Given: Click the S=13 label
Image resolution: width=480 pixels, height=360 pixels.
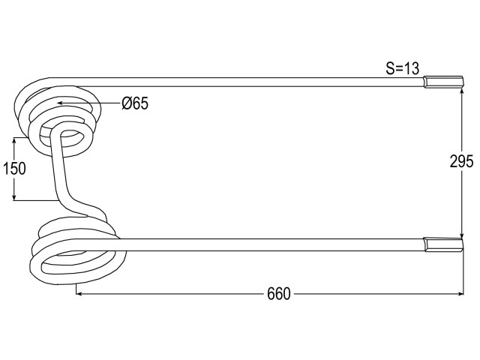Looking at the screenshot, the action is click(x=402, y=68).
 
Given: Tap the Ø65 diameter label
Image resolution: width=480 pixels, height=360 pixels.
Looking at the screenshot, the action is click(x=135, y=103).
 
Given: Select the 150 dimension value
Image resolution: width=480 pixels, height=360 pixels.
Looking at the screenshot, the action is click(x=14, y=169).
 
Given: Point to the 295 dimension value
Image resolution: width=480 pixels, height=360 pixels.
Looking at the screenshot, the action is click(x=461, y=161).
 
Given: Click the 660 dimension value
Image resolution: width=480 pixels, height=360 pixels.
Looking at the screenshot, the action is click(x=278, y=294).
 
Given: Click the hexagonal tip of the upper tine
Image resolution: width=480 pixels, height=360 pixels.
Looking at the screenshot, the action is click(x=443, y=82).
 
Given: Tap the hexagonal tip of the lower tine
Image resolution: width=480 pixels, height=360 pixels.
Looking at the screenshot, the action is click(x=443, y=244).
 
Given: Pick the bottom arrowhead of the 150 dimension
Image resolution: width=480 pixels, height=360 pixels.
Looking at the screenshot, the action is click(x=13, y=197).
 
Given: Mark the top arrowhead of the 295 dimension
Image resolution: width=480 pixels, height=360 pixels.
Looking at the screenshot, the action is click(x=461, y=92).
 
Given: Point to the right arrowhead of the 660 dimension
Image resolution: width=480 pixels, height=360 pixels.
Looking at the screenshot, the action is click(x=460, y=294).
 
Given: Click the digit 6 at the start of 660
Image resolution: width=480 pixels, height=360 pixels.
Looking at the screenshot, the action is click(x=271, y=294).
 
